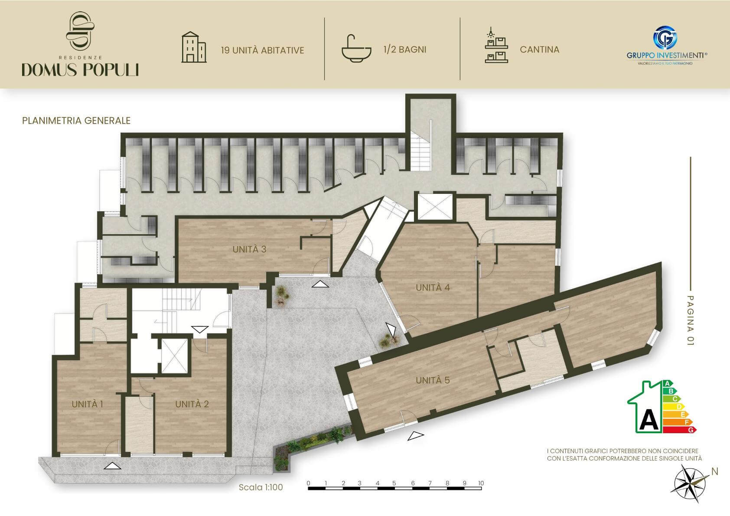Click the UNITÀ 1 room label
tap(87, 404)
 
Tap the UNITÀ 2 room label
tap(192, 404)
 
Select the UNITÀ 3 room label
tap(249, 249)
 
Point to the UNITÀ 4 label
tap(433, 287)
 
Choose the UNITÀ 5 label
tap(433, 380)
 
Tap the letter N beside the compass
tap(715, 471)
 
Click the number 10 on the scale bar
tap(481, 483)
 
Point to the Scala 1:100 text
tap(261, 487)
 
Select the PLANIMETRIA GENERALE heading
tap(76, 121)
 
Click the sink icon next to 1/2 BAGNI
tap(356, 49)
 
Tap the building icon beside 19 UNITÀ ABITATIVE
tap(194, 47)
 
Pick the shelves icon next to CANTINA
tap(496, 45)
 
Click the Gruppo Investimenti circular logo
tap(665, 38)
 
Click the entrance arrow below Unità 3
tap(320, 284)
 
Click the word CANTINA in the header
tap(540, 49)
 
